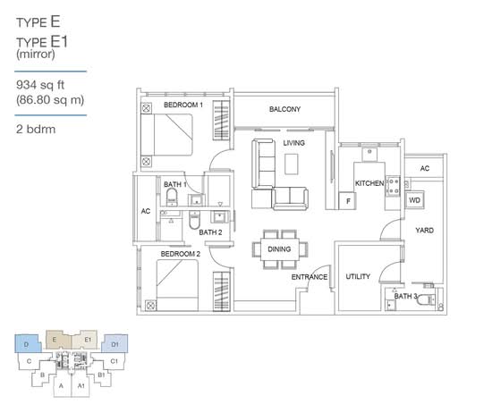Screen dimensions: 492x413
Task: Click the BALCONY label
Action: pyautogui.click(x=284, y=109)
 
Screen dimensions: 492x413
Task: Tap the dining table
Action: pyautogui.click(x=280, y=249)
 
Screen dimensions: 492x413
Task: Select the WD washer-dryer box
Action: pyautogui.click(x=414, y=200)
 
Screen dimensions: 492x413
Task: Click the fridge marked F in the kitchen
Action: pyautogui.click(x=347, y=201)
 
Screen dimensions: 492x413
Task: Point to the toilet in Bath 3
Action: pyautogui.click(x=426, y=299)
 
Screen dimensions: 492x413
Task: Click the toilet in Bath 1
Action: pyautogui.click(x=172, y=198)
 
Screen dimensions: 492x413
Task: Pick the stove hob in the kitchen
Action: pyautogui.click(x=394, y=186)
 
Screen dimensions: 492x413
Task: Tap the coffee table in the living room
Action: pyautogui.click(x=291, y=164)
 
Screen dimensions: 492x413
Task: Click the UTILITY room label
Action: pyautogui.click(x=358, y=276)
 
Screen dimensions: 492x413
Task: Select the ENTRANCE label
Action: pyautogui.click(x=310, y=277)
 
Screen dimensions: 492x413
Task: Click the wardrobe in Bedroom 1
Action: pyautogui.click(x=221, y=120)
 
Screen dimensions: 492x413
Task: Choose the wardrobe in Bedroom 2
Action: pyautogui.click(x=222, y=291)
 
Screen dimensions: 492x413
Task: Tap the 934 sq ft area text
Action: pyautogui.click(x=40, y=85)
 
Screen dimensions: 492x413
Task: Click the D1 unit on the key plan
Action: pyautogui.click(x=115, y=344)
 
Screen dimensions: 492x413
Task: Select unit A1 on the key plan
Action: pyautogui.click(x=81, y=385)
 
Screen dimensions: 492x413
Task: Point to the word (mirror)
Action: pyautogui.click(x=36, y=55)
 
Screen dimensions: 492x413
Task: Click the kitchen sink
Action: pyautogui.click(x=369, y=154)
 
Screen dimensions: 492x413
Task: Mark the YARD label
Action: pyautogui.click(x=425, y=230)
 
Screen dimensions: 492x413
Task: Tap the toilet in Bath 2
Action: pyautogui.click(x=194, y=220)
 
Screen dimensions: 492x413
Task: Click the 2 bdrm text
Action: pyautogui.click(x=36, y=130)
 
